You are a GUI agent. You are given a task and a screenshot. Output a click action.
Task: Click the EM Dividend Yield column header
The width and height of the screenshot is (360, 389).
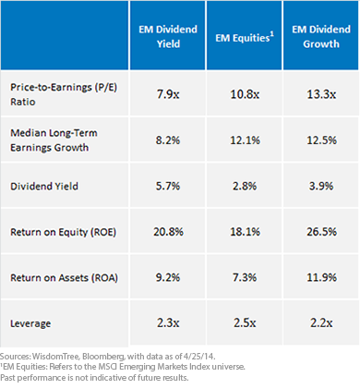coord(168,36)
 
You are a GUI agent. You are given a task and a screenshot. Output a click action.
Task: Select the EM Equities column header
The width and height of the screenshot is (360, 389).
coord(245,37)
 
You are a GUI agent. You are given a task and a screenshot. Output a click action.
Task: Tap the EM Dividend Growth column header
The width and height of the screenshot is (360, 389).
coord(321,36)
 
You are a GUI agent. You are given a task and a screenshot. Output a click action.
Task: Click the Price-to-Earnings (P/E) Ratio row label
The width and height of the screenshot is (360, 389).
coord(64,94)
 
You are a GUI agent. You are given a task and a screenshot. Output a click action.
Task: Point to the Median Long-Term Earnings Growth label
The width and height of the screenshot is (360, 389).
coord(54,140)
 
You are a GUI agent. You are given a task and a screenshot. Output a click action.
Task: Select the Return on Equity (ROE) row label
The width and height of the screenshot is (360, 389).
coord(63,232)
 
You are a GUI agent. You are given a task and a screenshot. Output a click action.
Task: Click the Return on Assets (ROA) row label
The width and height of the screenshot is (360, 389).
coord(64,278)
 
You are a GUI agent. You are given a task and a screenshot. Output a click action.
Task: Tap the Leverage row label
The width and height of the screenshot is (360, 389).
coord(30,323)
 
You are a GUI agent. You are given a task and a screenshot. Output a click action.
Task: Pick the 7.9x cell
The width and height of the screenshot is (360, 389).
coord(168,94)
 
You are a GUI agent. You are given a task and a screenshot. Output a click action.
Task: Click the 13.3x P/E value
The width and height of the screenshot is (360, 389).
coord(321,94)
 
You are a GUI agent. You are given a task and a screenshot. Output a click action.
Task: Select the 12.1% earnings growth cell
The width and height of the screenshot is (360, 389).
coord(245,140)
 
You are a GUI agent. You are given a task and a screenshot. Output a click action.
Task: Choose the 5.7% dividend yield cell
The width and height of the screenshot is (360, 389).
coord(168,186)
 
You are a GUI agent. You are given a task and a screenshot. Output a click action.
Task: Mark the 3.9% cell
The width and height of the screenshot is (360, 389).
coord(321,186)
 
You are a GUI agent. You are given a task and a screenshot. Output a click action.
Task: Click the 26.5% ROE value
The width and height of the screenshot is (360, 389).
coord(321,232)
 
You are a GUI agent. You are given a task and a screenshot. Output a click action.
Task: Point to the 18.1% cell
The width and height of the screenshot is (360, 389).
coord(245,232)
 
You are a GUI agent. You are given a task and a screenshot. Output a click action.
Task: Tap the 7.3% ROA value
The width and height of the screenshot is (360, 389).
coord(245,277)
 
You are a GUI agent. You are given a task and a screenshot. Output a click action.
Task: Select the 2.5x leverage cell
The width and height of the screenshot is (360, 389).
coord(245,322)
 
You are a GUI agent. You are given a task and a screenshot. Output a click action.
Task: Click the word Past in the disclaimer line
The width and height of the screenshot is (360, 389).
coord(7,378)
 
